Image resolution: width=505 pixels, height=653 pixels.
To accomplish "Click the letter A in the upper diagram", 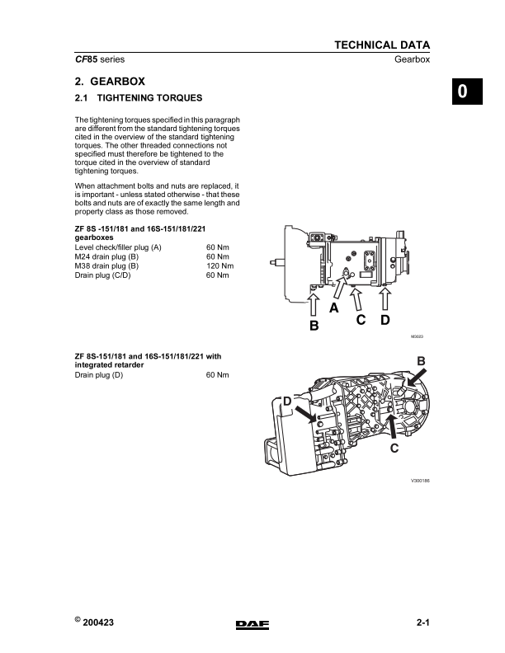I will pyautogui.click(x=334, y=308).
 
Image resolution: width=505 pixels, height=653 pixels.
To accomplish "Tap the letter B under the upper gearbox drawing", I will pyautogui.click(x=314, y=326).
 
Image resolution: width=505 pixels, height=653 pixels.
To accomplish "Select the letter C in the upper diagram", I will pyautogui.click(x=361, y=320).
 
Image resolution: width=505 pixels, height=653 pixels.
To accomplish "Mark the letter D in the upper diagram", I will pyautogui.click(x=385, y=320).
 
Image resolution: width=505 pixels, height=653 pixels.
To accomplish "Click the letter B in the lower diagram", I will pyautogui.click(x=421, y=361).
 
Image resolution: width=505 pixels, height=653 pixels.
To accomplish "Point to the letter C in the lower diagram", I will pyautogui.click(x=394, y=448).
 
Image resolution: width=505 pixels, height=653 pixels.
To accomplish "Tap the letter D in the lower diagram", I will pyautogui.click(x=288, y=401).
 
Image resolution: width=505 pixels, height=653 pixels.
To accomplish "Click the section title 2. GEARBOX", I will pyautogui.click(x=110, y=82).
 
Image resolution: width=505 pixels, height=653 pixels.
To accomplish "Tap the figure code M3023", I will pyautogui.click(x=417, y=336).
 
